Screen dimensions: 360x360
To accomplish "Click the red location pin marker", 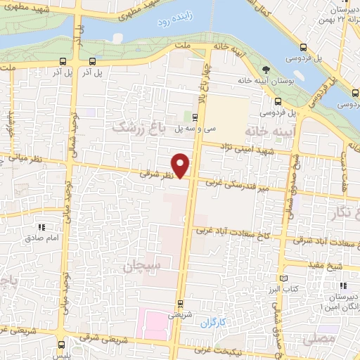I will point(182,166).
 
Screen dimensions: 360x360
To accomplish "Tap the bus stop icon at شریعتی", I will point(181,304).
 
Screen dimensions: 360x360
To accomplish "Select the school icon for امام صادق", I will point(41,228).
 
